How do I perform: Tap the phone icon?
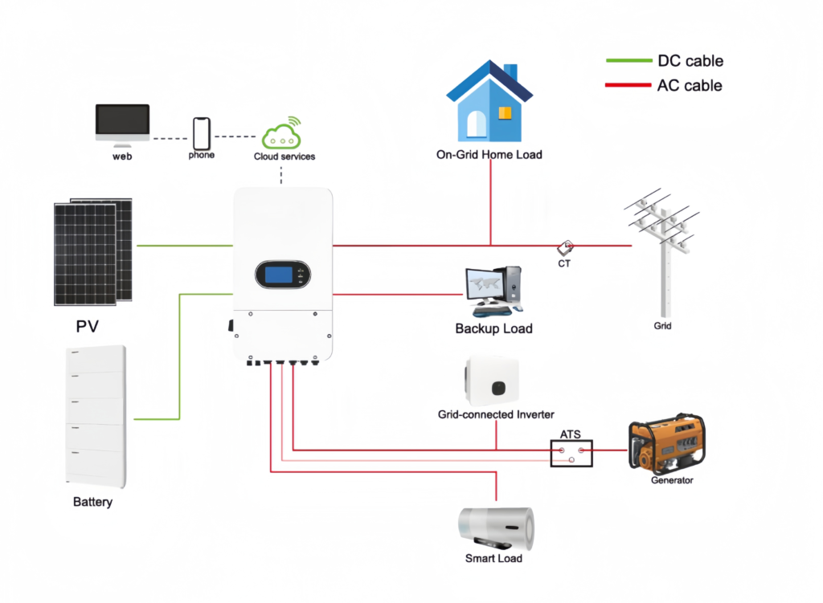(201, 132)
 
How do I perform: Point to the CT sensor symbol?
(565, 246)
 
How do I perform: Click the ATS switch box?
(571, 454)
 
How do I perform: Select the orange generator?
(666, 444)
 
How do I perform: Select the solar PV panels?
(93, 251)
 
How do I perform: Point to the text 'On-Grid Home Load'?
(489, 154)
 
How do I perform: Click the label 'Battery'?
(92, 503)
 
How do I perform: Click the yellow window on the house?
(505, 113)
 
